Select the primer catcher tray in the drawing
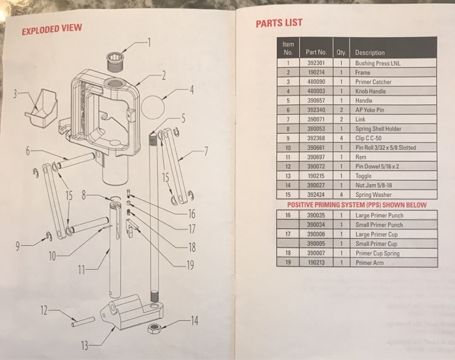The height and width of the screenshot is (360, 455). coord(40,107)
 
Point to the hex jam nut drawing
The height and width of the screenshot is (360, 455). coord(155,327)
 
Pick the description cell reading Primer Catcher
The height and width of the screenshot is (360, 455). coord(373,83)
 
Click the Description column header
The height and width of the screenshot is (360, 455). coord(370,53)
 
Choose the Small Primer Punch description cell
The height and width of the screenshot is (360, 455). coord(379,225)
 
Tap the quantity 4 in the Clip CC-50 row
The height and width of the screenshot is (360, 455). coord(342,138)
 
